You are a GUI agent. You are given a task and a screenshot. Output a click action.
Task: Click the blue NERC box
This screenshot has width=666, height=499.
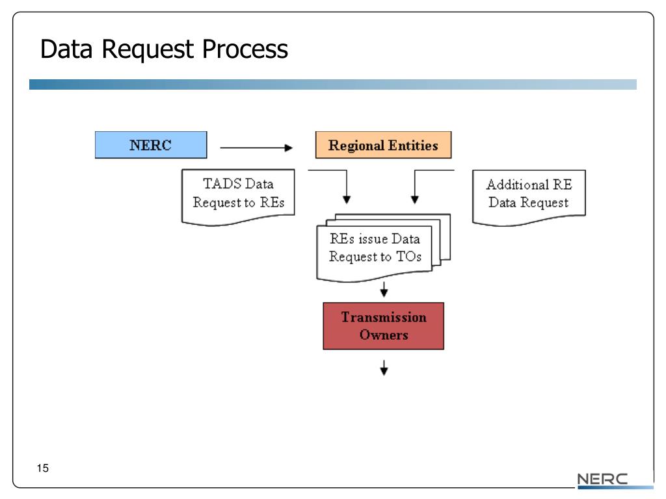pos(151,145)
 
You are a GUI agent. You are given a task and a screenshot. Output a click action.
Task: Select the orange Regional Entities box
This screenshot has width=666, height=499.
pos(383,145)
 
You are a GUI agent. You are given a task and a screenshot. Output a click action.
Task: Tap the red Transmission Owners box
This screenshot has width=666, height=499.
pos(383,326)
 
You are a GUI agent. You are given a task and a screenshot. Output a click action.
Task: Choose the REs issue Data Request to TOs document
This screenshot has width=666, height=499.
pos(383,248)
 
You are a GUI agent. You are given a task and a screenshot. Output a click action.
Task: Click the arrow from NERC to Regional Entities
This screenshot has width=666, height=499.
pos(256,147)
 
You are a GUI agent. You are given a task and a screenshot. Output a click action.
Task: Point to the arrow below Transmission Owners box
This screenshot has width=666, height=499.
pos(384,368)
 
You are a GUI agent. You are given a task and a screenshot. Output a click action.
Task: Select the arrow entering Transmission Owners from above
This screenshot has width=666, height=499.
pos(384,289)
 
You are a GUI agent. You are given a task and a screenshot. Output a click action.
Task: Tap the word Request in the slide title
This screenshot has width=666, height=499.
pos(148,50)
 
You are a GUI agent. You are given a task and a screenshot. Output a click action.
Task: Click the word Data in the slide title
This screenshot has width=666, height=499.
pos(66,49)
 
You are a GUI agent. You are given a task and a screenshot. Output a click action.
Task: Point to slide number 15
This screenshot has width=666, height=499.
pos(42,468)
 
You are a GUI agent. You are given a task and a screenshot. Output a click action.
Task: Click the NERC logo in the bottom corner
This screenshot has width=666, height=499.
pos(602,480)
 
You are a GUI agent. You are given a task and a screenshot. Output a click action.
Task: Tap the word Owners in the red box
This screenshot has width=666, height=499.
pos(384,335)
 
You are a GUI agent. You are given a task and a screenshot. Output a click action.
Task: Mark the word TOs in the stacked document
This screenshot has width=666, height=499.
pos(408,256)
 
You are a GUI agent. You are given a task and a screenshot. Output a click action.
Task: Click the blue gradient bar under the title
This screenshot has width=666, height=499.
pos(332,84)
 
